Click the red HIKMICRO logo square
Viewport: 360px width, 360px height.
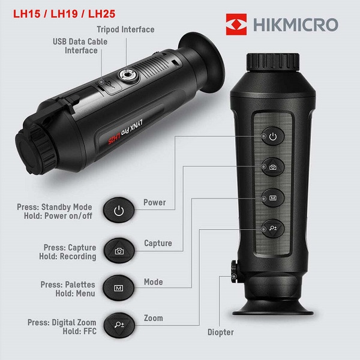[236, 25]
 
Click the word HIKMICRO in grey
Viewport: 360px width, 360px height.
[296, 25]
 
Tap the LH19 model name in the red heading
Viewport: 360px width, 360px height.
[64, 14]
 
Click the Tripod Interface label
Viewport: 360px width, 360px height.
[125, 29]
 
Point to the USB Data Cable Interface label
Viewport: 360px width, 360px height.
[80, 46]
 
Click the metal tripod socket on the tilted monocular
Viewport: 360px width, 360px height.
[128, 75]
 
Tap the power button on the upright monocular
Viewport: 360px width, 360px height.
[273, 136]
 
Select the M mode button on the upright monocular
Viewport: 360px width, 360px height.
[273, 198]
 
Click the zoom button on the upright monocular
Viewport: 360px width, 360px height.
[273, 229]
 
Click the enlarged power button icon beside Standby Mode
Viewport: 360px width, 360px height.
[119, 211]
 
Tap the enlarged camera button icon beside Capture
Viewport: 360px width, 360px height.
[119, 251]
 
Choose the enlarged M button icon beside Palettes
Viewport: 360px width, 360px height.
[118, 288]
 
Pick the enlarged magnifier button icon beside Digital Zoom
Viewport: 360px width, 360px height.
[119, 325]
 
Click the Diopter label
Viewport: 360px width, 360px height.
[221, 332]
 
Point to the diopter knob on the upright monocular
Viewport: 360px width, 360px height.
[235, 271]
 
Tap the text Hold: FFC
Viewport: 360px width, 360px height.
[79, 331]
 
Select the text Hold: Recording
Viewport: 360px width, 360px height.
[67, 256]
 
